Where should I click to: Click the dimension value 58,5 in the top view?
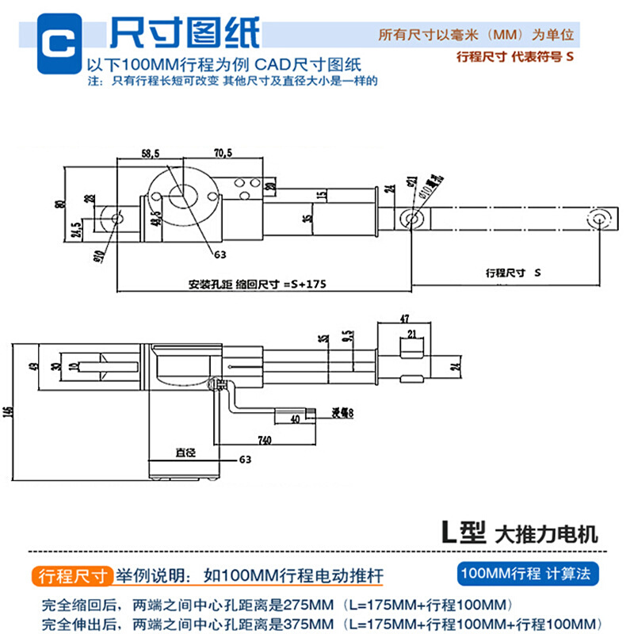[x=148, y=152]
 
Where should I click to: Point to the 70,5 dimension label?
[x=223, y=152]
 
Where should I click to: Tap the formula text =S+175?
[x=304, y=282]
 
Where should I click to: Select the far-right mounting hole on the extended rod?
[x=599, y=218]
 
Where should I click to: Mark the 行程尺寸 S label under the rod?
[x=512, y=273]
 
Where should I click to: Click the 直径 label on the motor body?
[x=185, y=453]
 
